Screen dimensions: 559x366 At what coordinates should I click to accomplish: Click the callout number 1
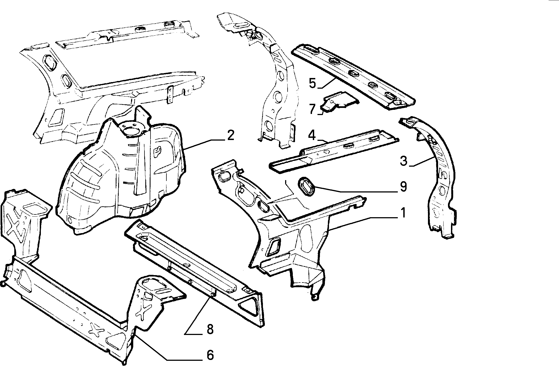click(x=403, y=213)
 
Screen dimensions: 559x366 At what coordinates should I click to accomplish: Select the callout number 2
click(x=230, y=135)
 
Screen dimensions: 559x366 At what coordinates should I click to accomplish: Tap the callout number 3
click(x=404, y=161)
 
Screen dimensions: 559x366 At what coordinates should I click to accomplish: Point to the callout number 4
click(x=312, y=135)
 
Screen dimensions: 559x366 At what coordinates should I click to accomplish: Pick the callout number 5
click(x=313, y=83)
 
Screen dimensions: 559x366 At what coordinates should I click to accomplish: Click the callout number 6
click(x=210, y=355)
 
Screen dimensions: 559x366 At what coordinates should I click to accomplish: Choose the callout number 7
click(x=313, y=109)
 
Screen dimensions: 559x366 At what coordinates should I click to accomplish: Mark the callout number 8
click(x=210, y=329)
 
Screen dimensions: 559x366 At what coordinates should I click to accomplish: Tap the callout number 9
click(x=403, y=187)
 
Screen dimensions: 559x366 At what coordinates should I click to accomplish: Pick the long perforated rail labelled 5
click(x=354, y=77)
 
